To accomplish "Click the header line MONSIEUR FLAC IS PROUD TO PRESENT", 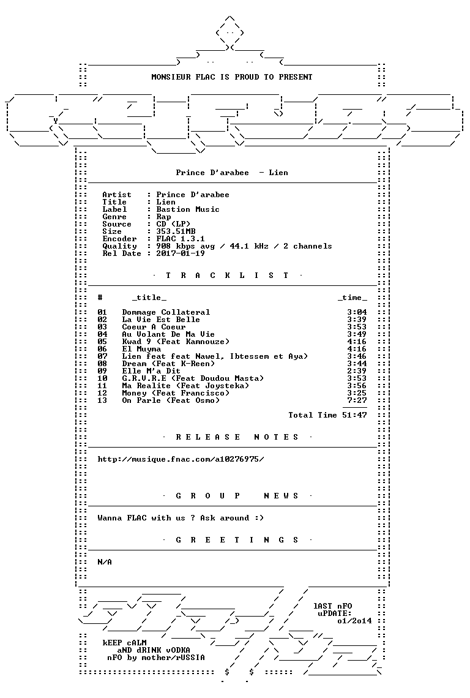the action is coord(232,77).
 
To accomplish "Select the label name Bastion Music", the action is coord(188,209).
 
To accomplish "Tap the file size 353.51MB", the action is coord(176,231).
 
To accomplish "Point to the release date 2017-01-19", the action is coord(181,253).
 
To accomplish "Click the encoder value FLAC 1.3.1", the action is coord(181,239).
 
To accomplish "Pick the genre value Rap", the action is coord(164,217).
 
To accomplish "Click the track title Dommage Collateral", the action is coord(166,312).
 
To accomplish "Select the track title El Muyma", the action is coord(141,349).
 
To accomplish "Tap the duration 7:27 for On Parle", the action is coord(357,400).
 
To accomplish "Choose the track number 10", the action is coord(102,378).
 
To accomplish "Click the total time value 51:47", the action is coord(355,415).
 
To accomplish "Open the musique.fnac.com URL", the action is coord(181,459).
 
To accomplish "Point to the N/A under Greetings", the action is coord(105,562).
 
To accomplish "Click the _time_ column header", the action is coord(352,298).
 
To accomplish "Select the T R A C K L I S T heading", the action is coord(227,276).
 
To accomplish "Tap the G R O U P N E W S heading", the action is coord(237,496).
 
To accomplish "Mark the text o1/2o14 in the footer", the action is coord(355,621).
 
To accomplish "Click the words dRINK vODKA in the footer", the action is coord(161,650).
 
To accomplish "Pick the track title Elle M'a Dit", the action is coord(151,371).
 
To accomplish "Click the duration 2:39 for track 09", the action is coord(357,371).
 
